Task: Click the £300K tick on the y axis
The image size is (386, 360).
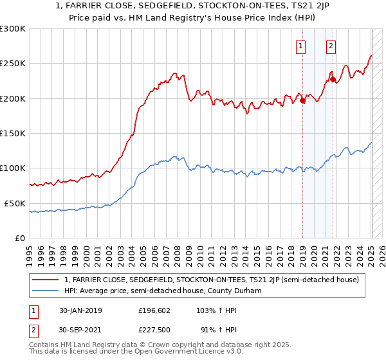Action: [x=13, y=29]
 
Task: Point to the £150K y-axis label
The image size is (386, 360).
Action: [x=13, y=134]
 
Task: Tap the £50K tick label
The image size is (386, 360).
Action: [x=15, y=203]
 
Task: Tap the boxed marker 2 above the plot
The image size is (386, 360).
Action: [x=331, y=46]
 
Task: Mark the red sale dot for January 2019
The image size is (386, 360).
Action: [x=303, y=100]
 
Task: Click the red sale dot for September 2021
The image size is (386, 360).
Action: [x=333, y=80]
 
